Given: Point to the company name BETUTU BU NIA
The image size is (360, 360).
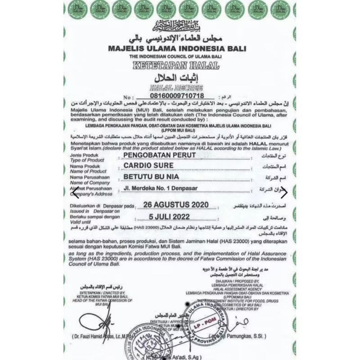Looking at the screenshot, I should click(x=151, y=176).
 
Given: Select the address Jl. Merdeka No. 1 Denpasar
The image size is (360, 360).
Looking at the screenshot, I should click(x=161, y=188).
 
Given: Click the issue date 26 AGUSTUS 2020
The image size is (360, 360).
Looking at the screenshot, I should click(x=176, y=205).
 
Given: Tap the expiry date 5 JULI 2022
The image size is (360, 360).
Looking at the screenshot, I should click(x=169, y=216).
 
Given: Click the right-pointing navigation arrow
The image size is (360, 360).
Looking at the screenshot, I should click(x=284, y=192).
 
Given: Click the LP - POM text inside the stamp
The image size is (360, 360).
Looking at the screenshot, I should click(x=207, y=321).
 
